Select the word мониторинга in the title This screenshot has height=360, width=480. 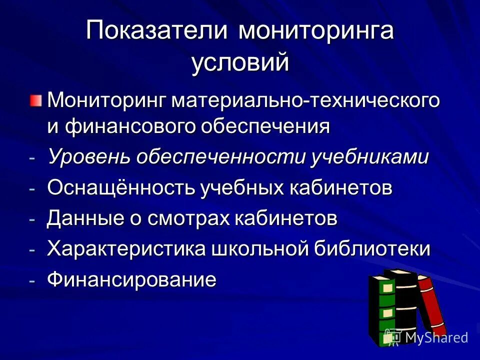coord(316,31)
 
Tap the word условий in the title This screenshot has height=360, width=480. coord(240,63)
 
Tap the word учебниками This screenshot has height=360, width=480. coord(370,157)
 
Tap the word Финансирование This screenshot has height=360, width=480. coord(132,279)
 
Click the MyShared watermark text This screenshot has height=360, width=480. coord(436,337)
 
